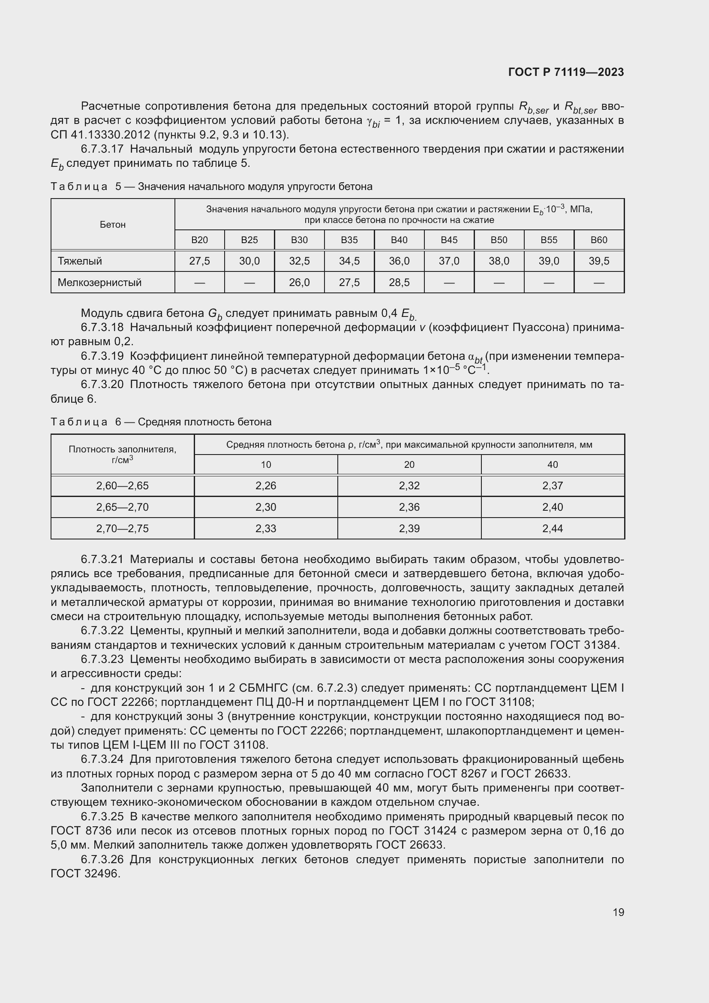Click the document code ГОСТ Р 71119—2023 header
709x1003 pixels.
click(566, 72)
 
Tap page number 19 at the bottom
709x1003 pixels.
click(618, 912)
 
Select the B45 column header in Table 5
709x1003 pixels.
click(449, 240)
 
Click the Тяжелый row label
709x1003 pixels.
click(80, 261)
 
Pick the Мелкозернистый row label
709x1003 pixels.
click(99, 283)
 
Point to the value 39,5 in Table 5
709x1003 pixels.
click(598, 261)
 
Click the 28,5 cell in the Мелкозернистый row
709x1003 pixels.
click(399, 283)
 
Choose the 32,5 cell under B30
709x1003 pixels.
click(299, 261)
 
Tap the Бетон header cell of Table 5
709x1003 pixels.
click(113, 225)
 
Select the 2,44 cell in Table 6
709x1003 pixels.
click(552, 529)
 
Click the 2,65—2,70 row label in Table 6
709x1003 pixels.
click(122, 507)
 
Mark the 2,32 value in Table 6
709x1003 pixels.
click(409, 486)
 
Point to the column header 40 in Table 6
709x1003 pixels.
click(552, 465)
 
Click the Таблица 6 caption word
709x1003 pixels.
click(79, 422)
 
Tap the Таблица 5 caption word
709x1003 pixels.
click(79, 187)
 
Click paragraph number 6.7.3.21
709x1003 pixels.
click(102, 560)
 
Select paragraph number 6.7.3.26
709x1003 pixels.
click(102, 860)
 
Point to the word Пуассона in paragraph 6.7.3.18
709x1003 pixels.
click(541, 327)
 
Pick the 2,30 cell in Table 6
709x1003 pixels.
click(265, 507)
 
